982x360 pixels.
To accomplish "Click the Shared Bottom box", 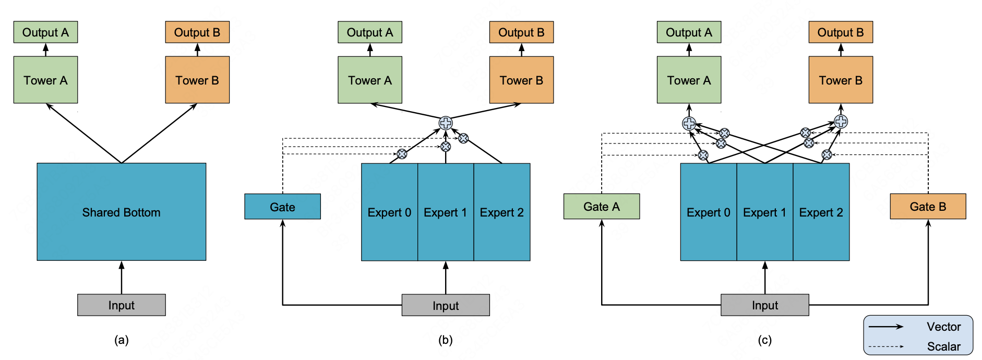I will point(121,212).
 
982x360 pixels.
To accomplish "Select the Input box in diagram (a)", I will point(121,305).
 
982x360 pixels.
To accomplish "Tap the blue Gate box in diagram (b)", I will point(282,207).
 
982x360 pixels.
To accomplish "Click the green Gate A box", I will point(601,207).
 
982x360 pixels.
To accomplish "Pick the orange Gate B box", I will point(928,207).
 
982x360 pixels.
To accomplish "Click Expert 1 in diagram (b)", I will point(445,212).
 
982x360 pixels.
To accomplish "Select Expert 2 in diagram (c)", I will point(821,212).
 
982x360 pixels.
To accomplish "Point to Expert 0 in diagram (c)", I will point(708,212).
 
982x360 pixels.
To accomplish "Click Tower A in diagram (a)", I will point(45,80).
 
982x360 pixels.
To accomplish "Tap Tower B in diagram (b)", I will point(521,80).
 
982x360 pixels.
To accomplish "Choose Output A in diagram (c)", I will point(689,32).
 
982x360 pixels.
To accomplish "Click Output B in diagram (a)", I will point(197,32).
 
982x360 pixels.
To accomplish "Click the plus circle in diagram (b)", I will point(446,123).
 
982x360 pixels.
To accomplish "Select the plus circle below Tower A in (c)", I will point(689,123).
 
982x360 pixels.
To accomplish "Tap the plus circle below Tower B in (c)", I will point(841,122).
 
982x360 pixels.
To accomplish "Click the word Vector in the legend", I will point(943,327).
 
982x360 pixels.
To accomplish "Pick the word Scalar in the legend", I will point(943,346).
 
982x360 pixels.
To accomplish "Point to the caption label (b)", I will point(445,340).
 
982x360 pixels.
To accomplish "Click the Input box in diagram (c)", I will point(764,305).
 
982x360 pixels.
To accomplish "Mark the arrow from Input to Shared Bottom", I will point(122,278).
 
